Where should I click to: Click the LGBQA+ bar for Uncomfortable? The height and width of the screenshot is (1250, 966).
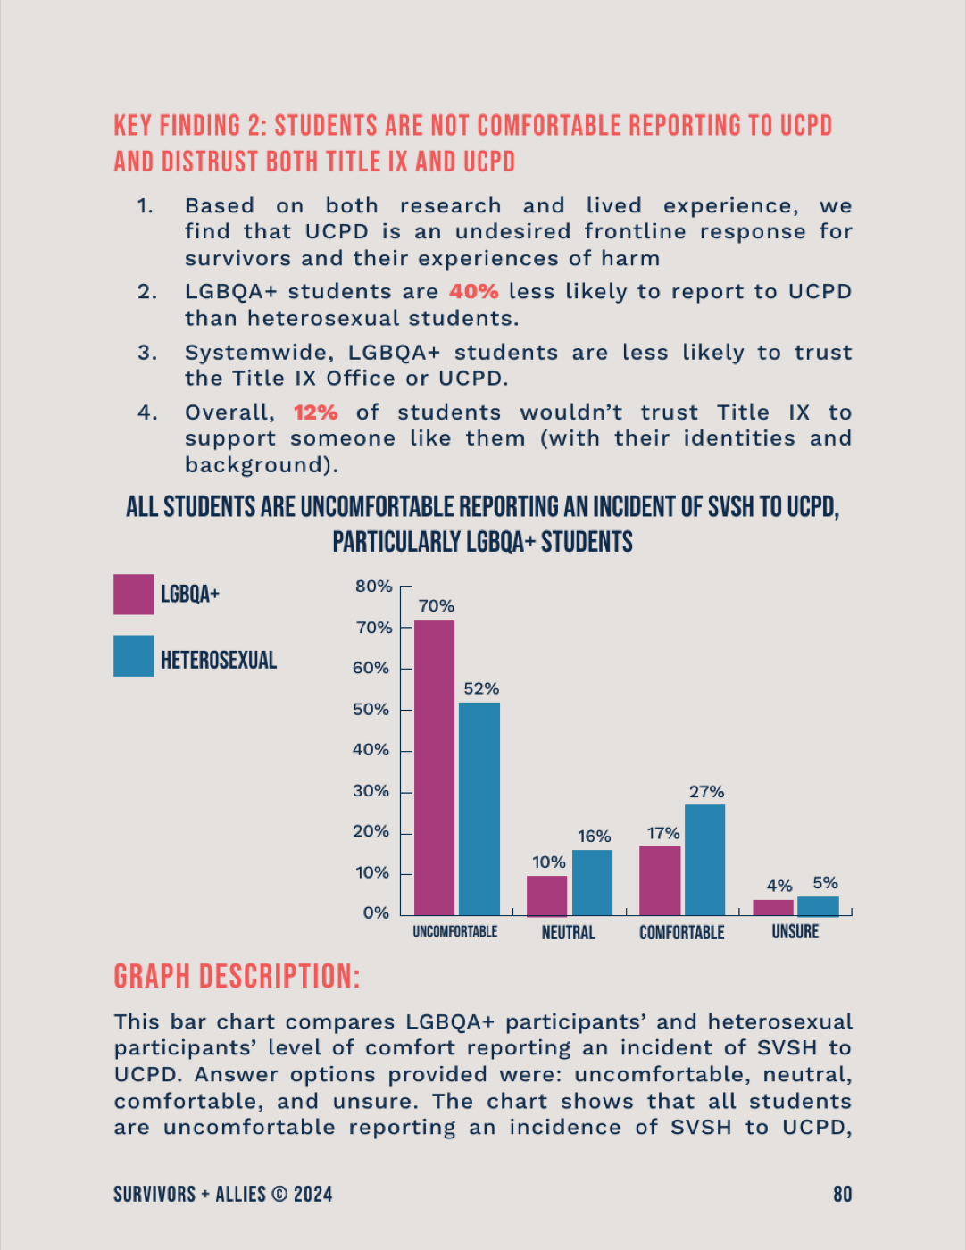[434, 767]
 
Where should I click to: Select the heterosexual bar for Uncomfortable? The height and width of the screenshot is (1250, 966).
[479, 809]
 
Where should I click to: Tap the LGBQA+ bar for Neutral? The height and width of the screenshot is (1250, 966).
[546, 896]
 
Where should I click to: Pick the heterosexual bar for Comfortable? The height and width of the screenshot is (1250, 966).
[704, 860]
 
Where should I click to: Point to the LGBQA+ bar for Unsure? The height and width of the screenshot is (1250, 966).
[773, 908]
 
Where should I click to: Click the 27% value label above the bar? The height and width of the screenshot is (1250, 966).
[707, 792]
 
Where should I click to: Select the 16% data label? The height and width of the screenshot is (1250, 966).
[594, 836]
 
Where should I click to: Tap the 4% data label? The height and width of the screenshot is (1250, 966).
[779, 886]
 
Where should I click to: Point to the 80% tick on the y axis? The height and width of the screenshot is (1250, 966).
[374, 587]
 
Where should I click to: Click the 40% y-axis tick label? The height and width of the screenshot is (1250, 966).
[371, 749]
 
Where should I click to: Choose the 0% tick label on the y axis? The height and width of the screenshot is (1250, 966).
[376, 912]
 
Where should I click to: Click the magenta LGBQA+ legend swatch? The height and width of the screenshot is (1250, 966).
[133, 595]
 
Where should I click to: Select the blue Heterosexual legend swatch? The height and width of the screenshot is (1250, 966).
[133, 655]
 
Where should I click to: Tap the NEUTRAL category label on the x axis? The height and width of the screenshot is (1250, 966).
[568, 932]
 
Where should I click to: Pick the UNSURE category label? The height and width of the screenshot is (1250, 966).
[795, 931]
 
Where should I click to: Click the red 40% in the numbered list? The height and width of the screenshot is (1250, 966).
[474, 292]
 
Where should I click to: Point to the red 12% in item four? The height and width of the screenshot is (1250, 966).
[316, 412]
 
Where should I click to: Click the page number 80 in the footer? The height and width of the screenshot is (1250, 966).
[843, 1195]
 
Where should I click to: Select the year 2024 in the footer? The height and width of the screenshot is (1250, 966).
[312, 1195]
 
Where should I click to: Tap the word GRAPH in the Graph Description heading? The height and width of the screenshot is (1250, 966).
[152, 977]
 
